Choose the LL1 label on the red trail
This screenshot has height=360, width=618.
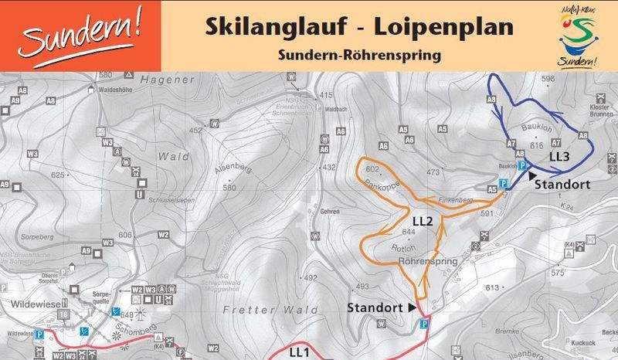(299, 352)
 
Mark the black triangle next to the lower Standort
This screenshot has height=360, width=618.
(411, 307)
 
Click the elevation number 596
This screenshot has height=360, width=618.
(549, 79)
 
